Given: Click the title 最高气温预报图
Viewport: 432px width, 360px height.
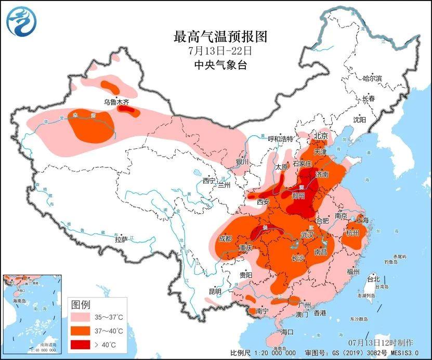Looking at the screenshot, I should (x=220, y=37).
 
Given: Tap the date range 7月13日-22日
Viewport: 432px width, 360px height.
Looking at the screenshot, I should (x=220, y=51).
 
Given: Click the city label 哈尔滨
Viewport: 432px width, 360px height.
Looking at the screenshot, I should (x=372, y=78).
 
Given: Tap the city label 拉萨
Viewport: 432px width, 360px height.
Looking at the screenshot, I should (x=121, y=239).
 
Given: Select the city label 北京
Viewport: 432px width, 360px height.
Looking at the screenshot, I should (x=321, y=136).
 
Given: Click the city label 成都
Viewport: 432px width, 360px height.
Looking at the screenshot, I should (x=225, y=238).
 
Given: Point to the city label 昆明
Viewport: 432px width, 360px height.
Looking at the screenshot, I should (x=215, y=291).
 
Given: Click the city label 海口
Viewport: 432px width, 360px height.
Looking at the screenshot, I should (x=287, y=331).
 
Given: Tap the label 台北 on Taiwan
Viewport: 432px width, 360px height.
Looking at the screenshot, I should (x=374, y=279).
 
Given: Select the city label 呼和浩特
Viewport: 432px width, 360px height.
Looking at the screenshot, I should (x=281, y=139).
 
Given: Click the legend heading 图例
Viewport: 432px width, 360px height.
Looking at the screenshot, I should (x=81, y=304).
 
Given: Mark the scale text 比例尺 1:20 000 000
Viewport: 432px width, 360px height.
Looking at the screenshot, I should (x=264, y=353).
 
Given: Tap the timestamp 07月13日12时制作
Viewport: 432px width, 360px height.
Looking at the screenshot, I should (x=381, y=342).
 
